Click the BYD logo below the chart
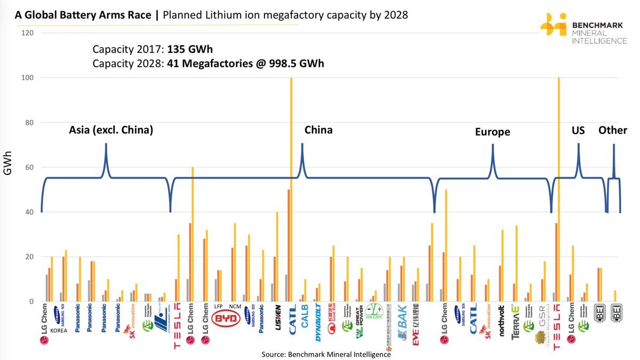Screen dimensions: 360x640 click(x=227, y=319)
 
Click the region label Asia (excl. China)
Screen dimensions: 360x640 click(x=111, y=130)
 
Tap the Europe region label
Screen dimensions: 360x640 click(x=492, y=132)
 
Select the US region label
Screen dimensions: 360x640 click(x=578, y=130)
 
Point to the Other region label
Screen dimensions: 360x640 click(x=612, y=130)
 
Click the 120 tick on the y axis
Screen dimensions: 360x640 click(x=28, y=33)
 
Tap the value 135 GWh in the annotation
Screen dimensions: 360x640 click(x=190, y=50)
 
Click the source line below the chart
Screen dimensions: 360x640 click(x=326, y=354)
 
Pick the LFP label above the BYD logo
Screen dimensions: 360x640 click(x=219, y=307)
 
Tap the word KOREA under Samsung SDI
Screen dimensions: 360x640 click(x=59, y=330)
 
